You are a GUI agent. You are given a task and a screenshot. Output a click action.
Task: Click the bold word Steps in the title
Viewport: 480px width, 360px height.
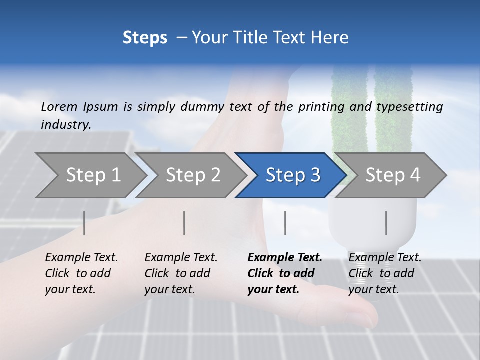(x=145, y=37)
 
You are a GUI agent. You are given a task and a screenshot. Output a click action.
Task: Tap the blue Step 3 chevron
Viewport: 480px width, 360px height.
(x=293, y=175)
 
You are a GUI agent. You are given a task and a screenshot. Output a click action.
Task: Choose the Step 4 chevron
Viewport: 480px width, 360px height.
(x=393, y=175)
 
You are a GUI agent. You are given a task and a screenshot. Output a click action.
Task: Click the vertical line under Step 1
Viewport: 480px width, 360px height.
(x=84, y=223)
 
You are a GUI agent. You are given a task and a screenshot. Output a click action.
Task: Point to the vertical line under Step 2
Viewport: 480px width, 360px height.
(x=184, y=223)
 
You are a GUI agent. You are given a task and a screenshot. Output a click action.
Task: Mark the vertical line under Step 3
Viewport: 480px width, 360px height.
(x=285, y=223)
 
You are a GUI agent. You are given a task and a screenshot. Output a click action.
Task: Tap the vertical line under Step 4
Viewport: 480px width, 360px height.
(x=386, y=223)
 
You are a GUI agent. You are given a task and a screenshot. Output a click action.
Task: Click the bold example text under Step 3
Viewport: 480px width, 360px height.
(x=284, y=273)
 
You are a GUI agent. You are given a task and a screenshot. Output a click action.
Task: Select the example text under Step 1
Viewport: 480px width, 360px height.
(x=81, y=273)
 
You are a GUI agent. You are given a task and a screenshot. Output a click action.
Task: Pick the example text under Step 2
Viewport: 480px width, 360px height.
(x=181, y=273)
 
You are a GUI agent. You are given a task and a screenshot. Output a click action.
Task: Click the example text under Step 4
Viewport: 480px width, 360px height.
(x=385, y=273)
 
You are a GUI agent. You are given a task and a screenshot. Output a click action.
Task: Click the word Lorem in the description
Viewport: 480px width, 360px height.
(x=59, y=106)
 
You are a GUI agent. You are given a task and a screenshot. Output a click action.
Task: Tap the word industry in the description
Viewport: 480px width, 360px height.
(x=66, y=125)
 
